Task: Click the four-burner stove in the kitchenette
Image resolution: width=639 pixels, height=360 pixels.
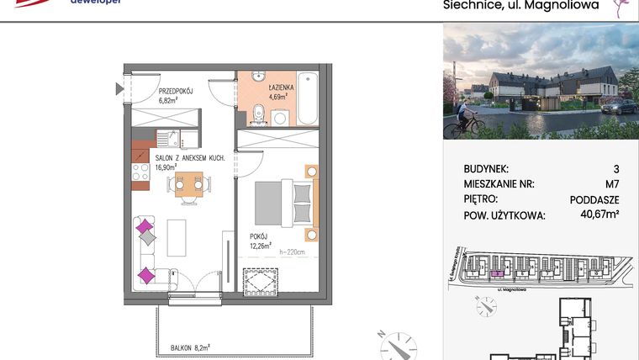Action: pos(138,172)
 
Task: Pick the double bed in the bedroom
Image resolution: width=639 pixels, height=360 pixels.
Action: pos(286,200)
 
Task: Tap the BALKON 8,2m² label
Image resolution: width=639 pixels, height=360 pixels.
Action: pos(190,346)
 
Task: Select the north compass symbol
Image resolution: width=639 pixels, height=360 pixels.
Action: pos(397,346)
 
